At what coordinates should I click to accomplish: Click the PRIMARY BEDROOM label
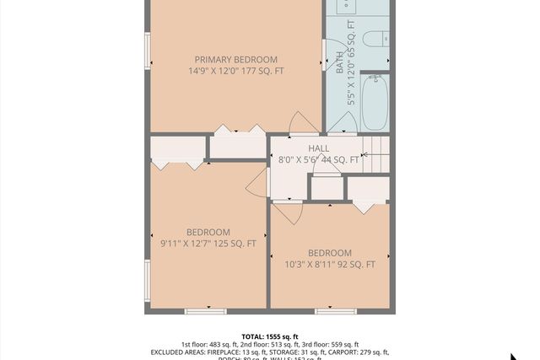[235, 59]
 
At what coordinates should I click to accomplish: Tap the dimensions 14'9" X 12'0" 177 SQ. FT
[235, 72]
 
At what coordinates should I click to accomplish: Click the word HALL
[318, 148]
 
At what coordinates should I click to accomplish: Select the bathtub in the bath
[375, 103]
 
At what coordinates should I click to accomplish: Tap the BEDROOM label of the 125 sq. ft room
[208, 232]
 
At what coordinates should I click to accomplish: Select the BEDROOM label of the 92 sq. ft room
[329, 253]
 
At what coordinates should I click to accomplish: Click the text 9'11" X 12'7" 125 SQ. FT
[208, 244]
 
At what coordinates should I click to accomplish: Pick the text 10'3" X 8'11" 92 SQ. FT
[329, 265]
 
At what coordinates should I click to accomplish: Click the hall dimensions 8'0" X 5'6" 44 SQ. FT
[318, 159]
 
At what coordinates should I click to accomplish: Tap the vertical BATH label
[340, 64]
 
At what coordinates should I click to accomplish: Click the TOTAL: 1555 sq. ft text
[269, 336]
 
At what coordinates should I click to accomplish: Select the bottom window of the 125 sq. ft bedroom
[205, 311]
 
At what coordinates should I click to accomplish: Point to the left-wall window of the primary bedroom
[148, 51]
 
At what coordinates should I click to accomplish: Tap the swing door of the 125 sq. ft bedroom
[256, 180]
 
